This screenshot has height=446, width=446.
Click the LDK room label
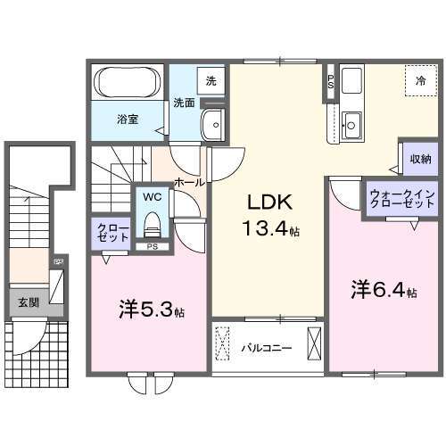(x=265, y=202)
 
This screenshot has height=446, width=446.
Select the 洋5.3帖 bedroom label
(x=151, y=312)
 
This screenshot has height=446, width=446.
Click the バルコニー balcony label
(x=266, y=348)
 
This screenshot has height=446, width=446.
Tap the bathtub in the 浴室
(x=127, y=84)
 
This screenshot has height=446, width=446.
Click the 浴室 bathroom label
(x=127, y=117)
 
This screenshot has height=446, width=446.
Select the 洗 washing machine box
(x=211, y=81)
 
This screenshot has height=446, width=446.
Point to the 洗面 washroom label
(x=183, y=102)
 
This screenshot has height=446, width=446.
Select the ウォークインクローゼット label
(x=401, y=197)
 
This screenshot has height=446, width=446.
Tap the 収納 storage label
(x=420, y=161)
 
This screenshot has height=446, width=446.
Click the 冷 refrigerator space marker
(x=420, y=81)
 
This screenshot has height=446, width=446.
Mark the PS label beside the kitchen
(x=332, y=81)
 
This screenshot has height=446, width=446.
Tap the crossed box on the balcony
(x=314, y=343)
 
